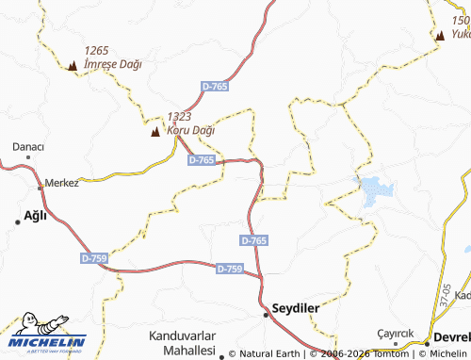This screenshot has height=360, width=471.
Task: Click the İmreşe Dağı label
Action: pyautogui.click(x=112, y=64)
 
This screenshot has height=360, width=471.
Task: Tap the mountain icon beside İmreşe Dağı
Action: pyautogui.click(x=73, y=65)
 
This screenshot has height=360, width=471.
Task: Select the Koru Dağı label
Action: pyautogui.click(x=190, y=130)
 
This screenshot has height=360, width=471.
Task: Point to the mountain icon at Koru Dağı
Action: pyautogui.click(x=155, y=131)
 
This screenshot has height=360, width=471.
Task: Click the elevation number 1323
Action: pyautogui.click(x=180, y=117)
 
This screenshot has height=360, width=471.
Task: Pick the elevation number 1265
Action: pyautogui.click(x=98, y=51)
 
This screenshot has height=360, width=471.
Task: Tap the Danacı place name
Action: pyautogui.click(x=28, y=147)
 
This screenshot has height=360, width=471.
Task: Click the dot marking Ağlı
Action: pyautogui.click(x=17, y=221)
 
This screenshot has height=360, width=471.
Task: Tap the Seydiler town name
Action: pyautogui.click(x=296, y=308)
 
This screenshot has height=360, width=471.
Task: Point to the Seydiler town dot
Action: pyautogui.click(x=266, y=315)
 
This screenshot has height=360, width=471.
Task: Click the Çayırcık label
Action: pyautogui.click(x=396, y=333)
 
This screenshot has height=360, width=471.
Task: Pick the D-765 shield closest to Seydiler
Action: pyautogui.click(x=253, y=241)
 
